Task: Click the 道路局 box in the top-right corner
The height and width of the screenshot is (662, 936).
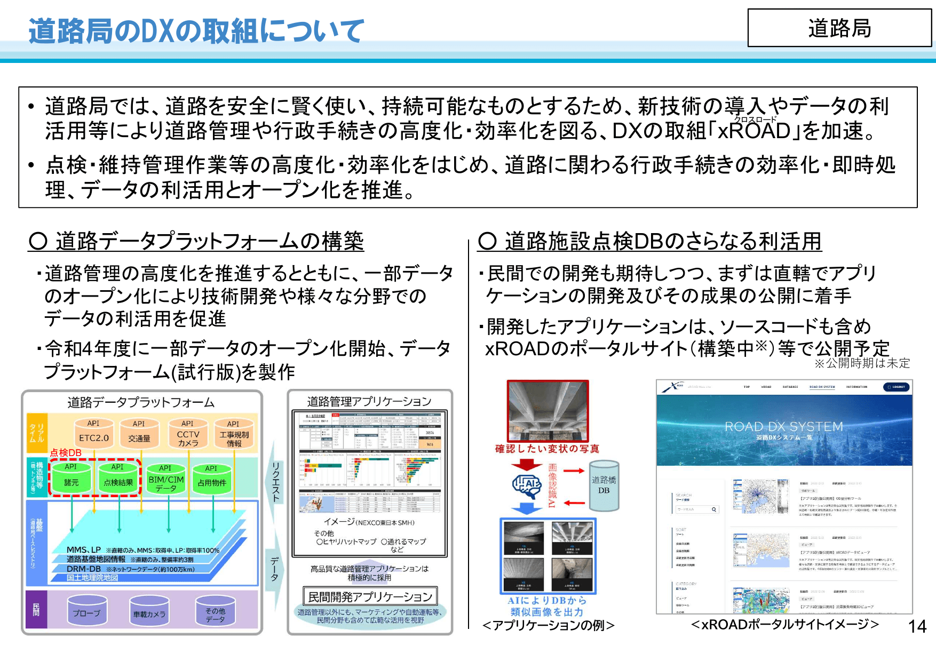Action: [839, 28]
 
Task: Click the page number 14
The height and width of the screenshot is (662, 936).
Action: [917, 626]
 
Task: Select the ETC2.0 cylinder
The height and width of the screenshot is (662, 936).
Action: [93, 435]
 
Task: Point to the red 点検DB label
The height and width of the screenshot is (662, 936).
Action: [66, 453]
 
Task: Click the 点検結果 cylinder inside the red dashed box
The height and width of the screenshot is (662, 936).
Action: [118, 479]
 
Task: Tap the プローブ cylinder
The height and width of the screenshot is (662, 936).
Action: [86, 611]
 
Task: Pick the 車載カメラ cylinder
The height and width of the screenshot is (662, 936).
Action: [149, 612]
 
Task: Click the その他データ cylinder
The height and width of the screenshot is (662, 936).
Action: [215, 612]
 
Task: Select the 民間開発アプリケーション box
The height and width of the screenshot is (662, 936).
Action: [370, 596]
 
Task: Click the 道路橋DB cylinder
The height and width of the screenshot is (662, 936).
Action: [604, 485]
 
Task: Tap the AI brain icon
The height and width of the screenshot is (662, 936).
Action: [527, 484]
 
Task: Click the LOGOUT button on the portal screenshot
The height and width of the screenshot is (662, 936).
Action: [897, 387]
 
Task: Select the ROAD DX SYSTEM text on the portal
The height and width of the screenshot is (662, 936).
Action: [783, 427]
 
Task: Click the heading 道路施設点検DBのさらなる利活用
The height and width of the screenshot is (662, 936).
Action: [650, 241]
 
